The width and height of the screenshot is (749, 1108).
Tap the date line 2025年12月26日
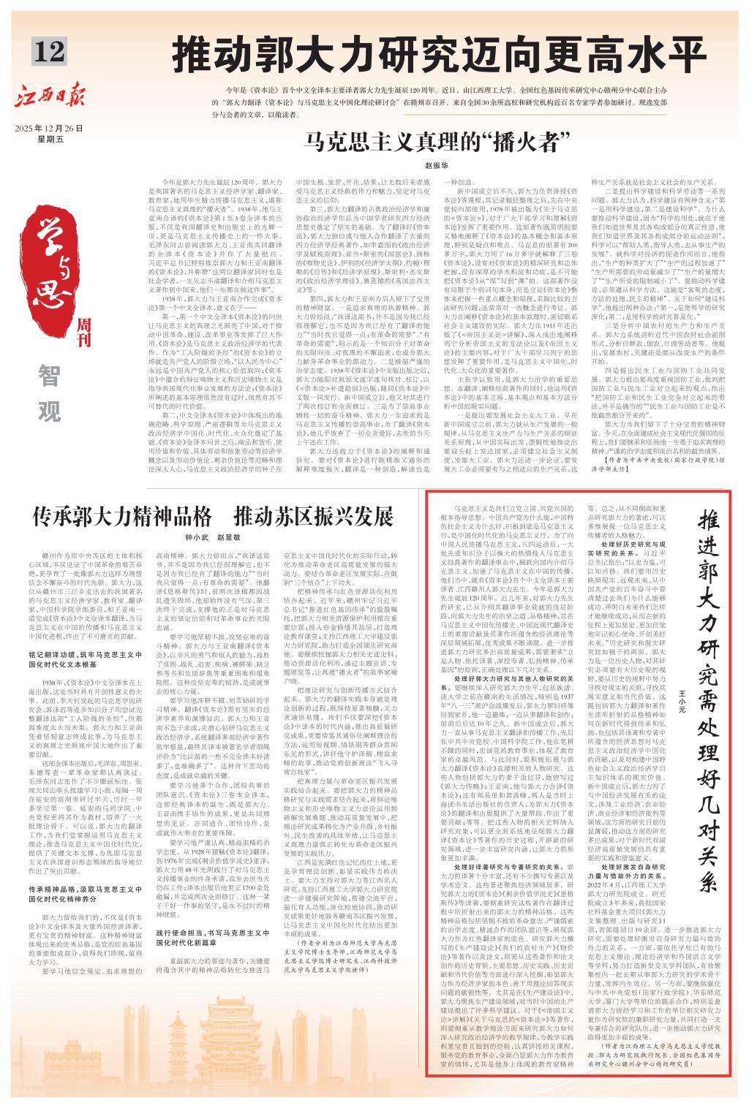pyautogui.click(x=49, y=128)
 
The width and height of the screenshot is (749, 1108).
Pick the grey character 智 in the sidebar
pyautogui.click(x=49, y=376)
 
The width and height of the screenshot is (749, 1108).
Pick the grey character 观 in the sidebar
pyautogui.click(x=49, y=412)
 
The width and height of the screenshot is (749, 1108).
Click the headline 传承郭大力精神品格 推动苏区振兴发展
pyautogui.click(x=213, y=518)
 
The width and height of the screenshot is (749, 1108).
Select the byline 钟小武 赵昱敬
pyautogui.click(x=213, y=538)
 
